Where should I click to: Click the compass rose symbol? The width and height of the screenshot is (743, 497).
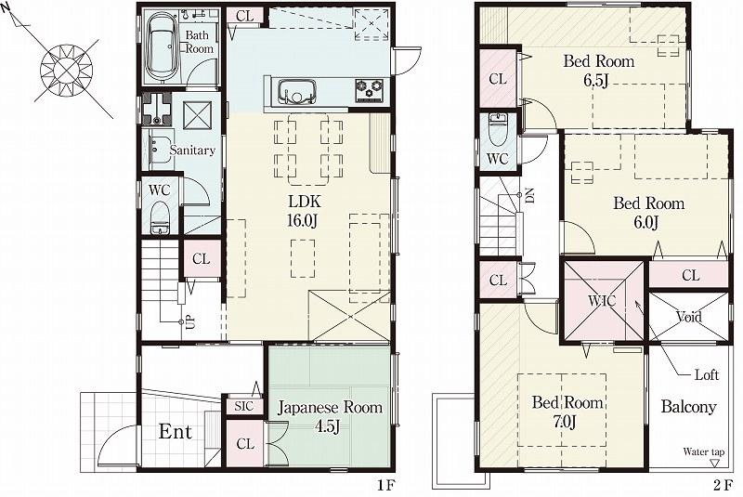point(65,67)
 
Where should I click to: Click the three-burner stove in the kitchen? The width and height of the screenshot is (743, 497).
point(369,90)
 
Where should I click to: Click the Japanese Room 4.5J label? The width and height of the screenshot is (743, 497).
point(330,416)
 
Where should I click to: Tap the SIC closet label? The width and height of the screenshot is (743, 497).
point(243,406)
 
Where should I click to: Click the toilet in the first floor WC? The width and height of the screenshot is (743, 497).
point(160,220)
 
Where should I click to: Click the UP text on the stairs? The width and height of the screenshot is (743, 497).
point(190,322)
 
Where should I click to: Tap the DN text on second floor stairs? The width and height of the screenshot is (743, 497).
point(528,196)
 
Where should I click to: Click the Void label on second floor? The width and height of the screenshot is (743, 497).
point(688,317)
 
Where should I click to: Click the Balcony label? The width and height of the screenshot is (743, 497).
point(688,407)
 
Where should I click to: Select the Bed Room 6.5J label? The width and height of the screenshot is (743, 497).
point(599,71)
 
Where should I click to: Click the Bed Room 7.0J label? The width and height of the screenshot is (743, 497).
point(567,412)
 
